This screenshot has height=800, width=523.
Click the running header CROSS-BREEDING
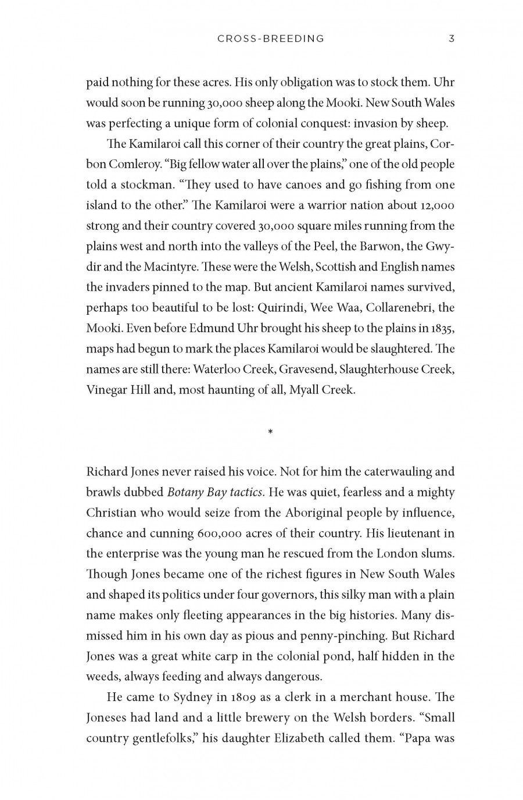271,39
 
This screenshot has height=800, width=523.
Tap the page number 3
452,39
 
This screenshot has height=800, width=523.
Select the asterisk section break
271,432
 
